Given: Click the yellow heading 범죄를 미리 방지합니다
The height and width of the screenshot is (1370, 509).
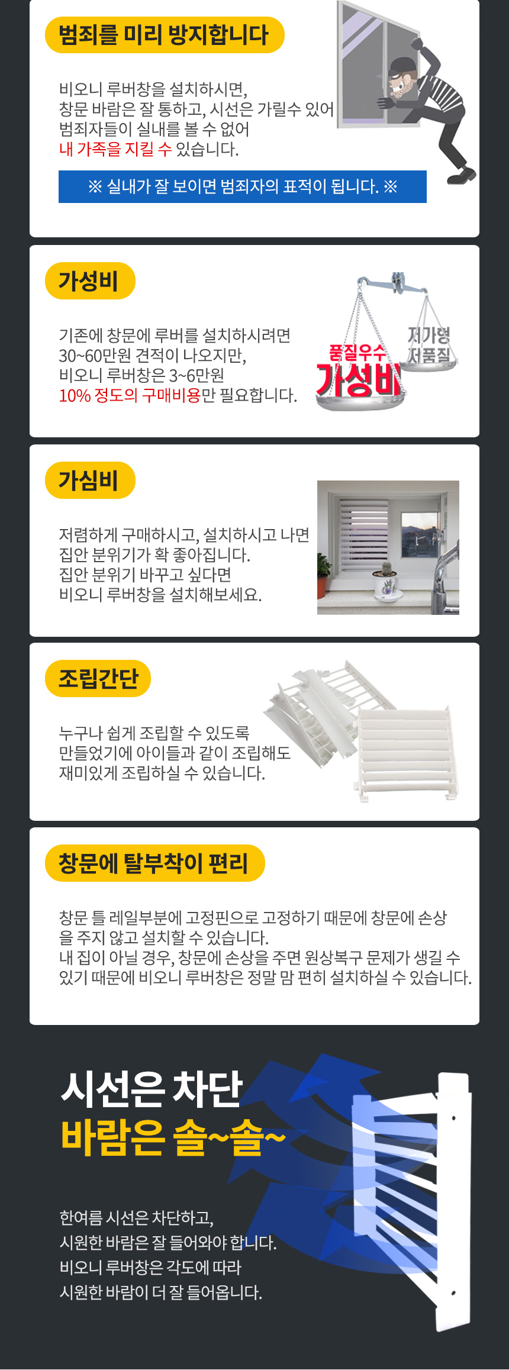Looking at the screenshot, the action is tap(165, 35).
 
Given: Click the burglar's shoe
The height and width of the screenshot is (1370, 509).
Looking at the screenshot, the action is tap(462, 175).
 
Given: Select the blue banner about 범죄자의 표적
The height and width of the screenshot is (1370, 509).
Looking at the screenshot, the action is tap(243, 186).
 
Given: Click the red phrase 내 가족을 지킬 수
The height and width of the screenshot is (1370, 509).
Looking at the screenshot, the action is tap(115, 149).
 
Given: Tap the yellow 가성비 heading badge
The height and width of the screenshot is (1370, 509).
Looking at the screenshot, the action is tap(90, 281).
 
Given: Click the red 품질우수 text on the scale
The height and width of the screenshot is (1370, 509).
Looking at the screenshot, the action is tap(357, 353).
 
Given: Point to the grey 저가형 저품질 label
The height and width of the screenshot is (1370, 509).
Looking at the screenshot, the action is tap(429, 345).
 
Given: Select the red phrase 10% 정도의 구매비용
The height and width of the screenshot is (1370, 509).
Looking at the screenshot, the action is tap(130, 395).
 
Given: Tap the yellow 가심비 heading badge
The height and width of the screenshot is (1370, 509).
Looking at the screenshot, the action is tap(90, 480).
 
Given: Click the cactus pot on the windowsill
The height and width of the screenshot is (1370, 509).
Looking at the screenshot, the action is tap(386, 583).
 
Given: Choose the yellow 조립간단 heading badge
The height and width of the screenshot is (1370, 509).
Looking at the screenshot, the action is tap(98, 678).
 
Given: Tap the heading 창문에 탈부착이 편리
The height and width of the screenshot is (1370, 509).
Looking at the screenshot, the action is tap(154, 863).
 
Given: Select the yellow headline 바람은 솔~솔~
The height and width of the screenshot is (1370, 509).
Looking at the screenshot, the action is tap(173, 1137).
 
